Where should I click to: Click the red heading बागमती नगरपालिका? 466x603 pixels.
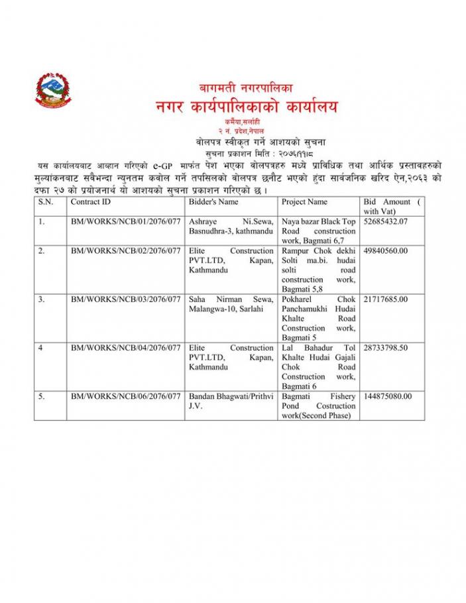coord(246,87)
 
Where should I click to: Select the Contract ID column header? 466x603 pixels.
coord(91,201)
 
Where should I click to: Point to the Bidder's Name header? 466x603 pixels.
coord(213,201)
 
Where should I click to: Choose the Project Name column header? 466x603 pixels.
coord(304,201)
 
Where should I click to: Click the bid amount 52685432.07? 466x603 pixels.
coord(386,221)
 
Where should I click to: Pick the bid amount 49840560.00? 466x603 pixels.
coord(386,251)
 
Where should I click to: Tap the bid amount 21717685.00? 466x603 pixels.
coord(386,300)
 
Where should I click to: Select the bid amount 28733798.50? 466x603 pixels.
coord(386,348)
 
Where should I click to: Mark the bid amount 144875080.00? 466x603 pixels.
coord(388,396)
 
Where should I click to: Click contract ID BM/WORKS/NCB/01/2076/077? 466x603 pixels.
coord(126,221)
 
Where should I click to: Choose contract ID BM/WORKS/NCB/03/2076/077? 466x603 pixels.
coord(126,300)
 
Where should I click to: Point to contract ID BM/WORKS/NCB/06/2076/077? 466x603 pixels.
coord(126,396)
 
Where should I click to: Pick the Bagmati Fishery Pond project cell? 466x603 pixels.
coord(318,406)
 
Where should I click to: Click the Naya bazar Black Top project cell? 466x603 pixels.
coord(318,231)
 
